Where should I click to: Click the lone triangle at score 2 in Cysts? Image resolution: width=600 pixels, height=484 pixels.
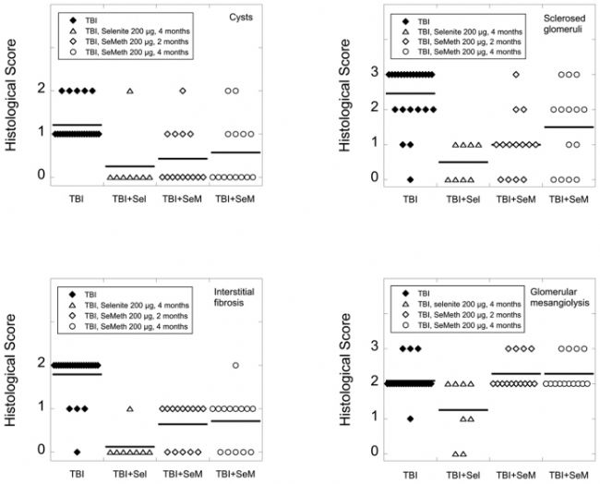[x=130, y=91]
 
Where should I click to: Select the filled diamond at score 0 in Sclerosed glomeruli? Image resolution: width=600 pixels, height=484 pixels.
[x=410, y=179]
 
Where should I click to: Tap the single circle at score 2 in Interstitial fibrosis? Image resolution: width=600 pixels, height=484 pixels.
[x=236, y=365]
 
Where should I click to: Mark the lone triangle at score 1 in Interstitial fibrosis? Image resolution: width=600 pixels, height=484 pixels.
[x=130, y=408]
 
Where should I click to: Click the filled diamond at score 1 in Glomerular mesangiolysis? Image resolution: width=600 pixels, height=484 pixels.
[x=410, y=418]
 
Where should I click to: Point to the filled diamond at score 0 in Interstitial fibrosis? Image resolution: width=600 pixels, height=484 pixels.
[x=78, y=452]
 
